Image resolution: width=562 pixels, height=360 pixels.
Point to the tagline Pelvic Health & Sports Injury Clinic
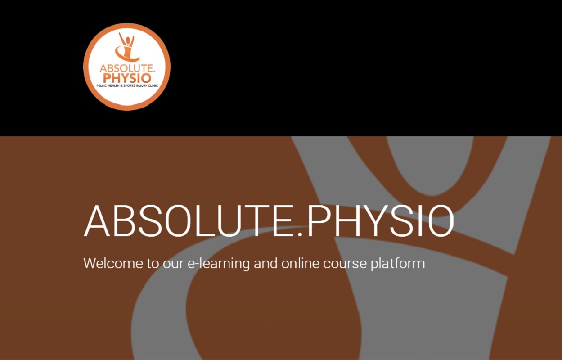(x=127, y=85)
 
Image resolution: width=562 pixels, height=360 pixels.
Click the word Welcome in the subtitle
(x=112, y=263)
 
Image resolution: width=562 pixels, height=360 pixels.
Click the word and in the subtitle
(x=265, y=263)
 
